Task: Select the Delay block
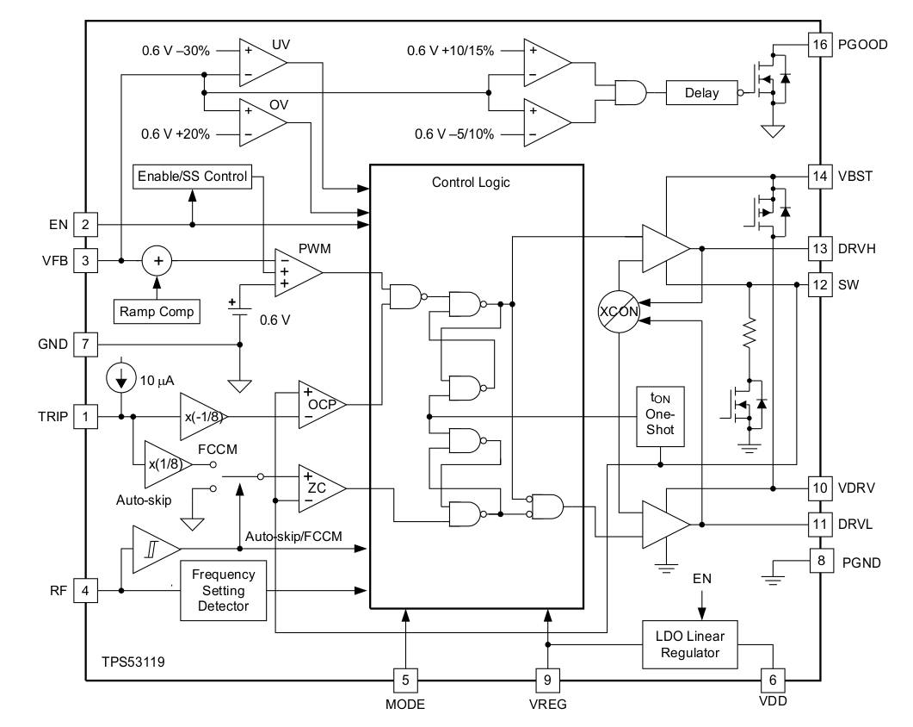coord(700,92)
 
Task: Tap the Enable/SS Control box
coord(191,177)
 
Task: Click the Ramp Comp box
coord(157,310)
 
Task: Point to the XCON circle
coord(620,313)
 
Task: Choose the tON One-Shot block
coord(659,416)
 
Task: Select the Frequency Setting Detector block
coord(224,590)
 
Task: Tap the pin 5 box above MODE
coord(405,679)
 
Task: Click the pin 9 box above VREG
coord(547,679)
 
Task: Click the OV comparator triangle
coord(262,121)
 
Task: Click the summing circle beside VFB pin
coord(157,259)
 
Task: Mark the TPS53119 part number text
coord(133,662)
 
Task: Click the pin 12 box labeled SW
coord(820,284)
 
